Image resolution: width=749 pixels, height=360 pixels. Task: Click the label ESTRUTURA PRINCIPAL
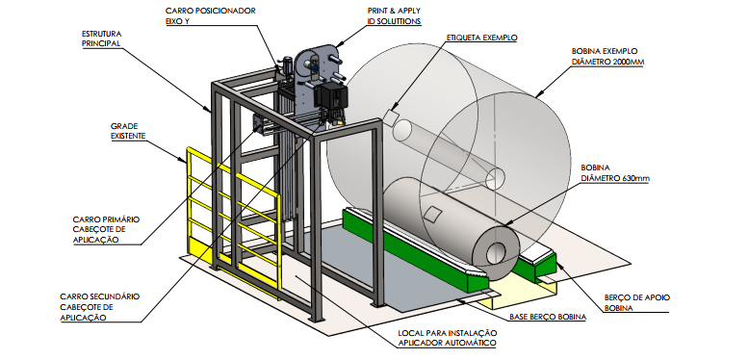(101, 39)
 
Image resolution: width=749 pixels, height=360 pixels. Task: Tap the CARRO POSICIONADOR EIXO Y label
(211, 16)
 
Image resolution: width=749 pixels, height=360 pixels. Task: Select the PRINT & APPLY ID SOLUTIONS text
(394, 16)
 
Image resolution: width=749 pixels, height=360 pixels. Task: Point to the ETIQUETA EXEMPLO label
(482, 38)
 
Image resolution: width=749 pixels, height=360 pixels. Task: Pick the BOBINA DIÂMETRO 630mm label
(615, 173)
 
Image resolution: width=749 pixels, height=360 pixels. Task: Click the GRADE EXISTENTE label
(127, 131)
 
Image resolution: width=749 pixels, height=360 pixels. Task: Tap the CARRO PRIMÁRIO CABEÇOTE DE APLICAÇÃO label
(106, 230)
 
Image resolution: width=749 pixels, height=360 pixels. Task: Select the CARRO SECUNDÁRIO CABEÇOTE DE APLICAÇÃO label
(100, 307)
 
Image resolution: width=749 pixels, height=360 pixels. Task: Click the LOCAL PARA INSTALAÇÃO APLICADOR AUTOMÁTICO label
(448, 338)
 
